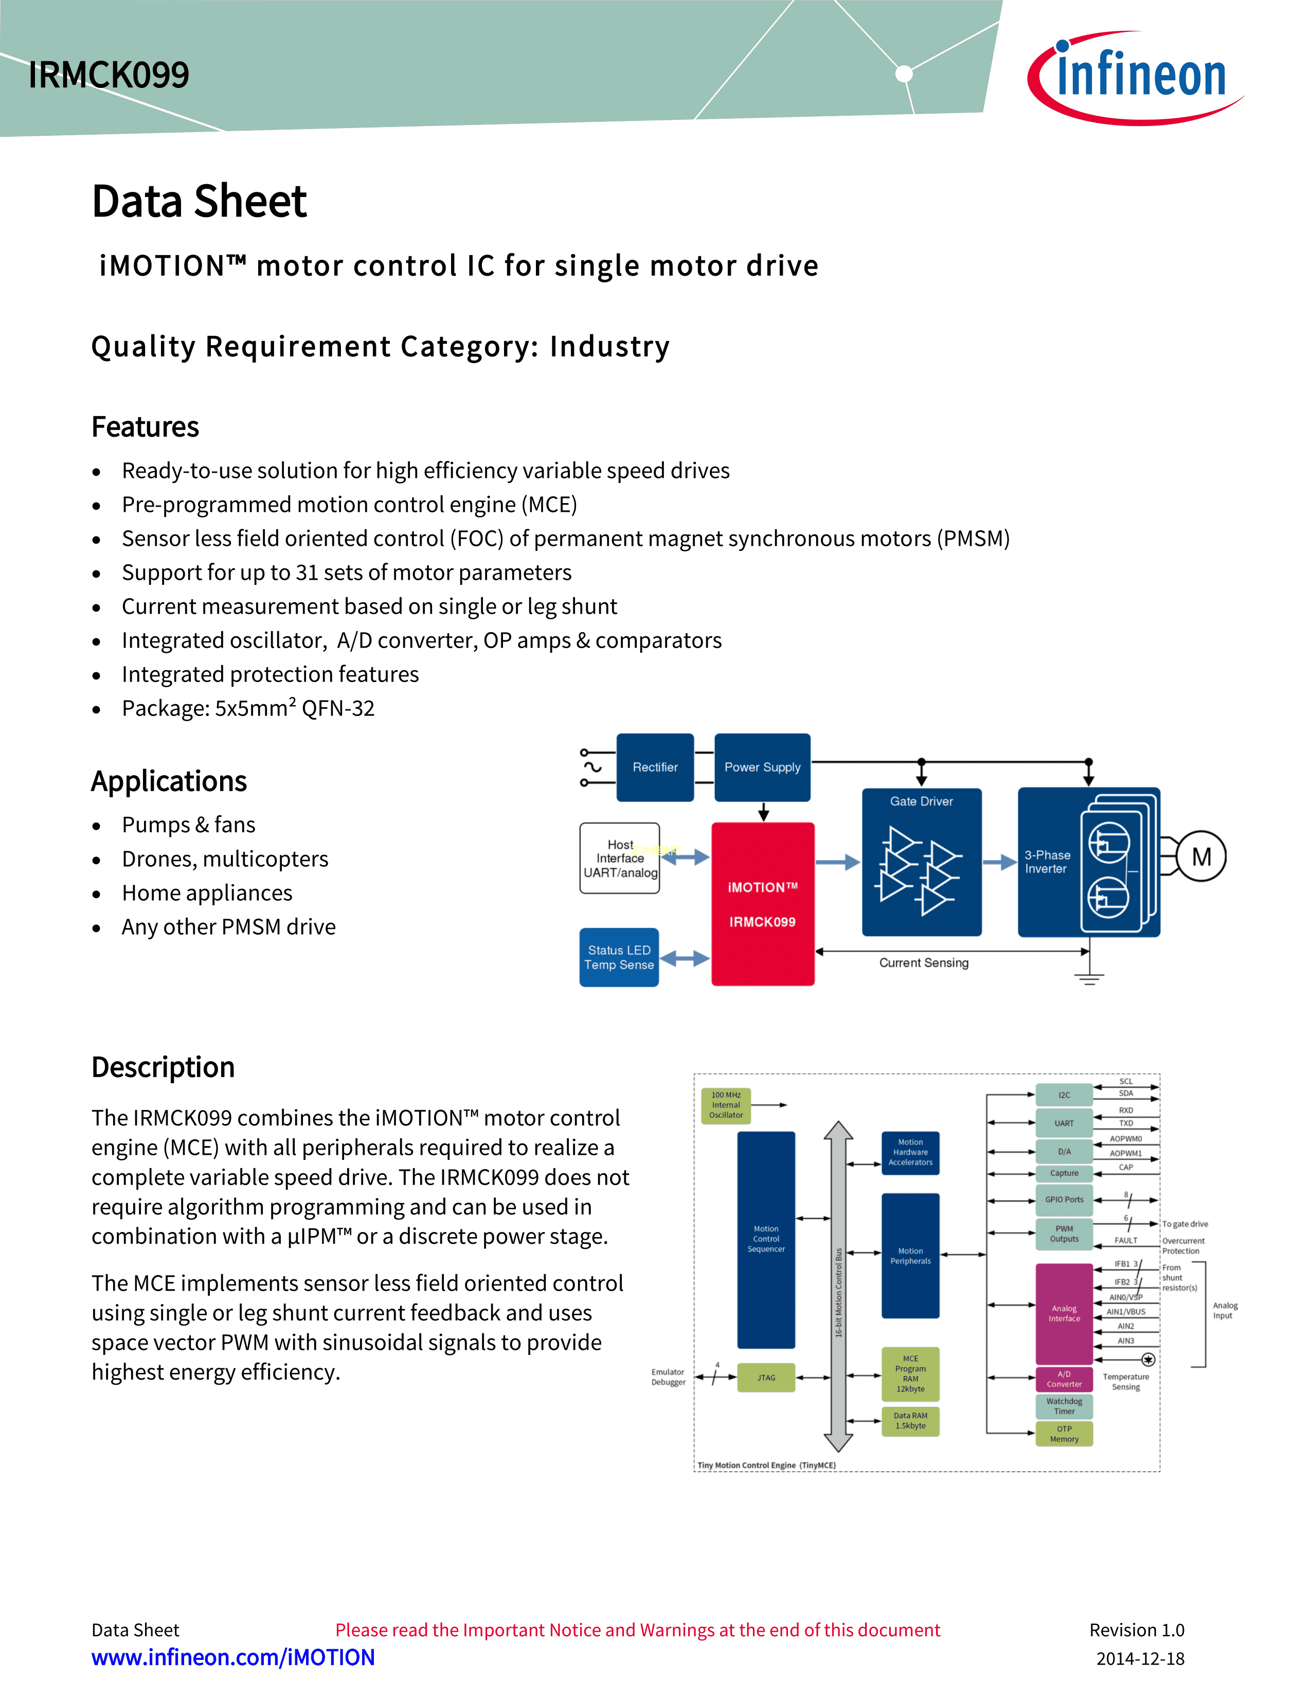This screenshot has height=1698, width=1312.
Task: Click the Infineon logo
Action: (1136, 76)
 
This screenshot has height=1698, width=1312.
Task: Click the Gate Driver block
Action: (921, 862)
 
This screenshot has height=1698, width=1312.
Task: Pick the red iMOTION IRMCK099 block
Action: (763, 904)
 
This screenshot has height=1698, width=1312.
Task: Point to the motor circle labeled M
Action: (1201, 857)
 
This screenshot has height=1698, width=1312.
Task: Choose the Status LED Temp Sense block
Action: (619, 957)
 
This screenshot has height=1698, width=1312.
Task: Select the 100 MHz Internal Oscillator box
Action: (726, 1105)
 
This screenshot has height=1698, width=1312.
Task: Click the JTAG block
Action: (766, 1378)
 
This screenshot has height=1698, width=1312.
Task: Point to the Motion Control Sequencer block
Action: (766, 1239)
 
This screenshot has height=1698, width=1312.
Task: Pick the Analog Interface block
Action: (1064, 1313)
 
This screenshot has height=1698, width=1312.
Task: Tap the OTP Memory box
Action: (1064, 1434)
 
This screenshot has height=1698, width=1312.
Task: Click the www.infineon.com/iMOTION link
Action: (233, 1657)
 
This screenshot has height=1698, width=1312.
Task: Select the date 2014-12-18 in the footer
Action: (1140, 1658)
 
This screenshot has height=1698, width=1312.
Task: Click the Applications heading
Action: (169, 781)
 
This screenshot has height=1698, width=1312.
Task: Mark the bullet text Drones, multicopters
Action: (225, 859)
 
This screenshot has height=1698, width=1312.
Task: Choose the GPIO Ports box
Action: (1064, 1200)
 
